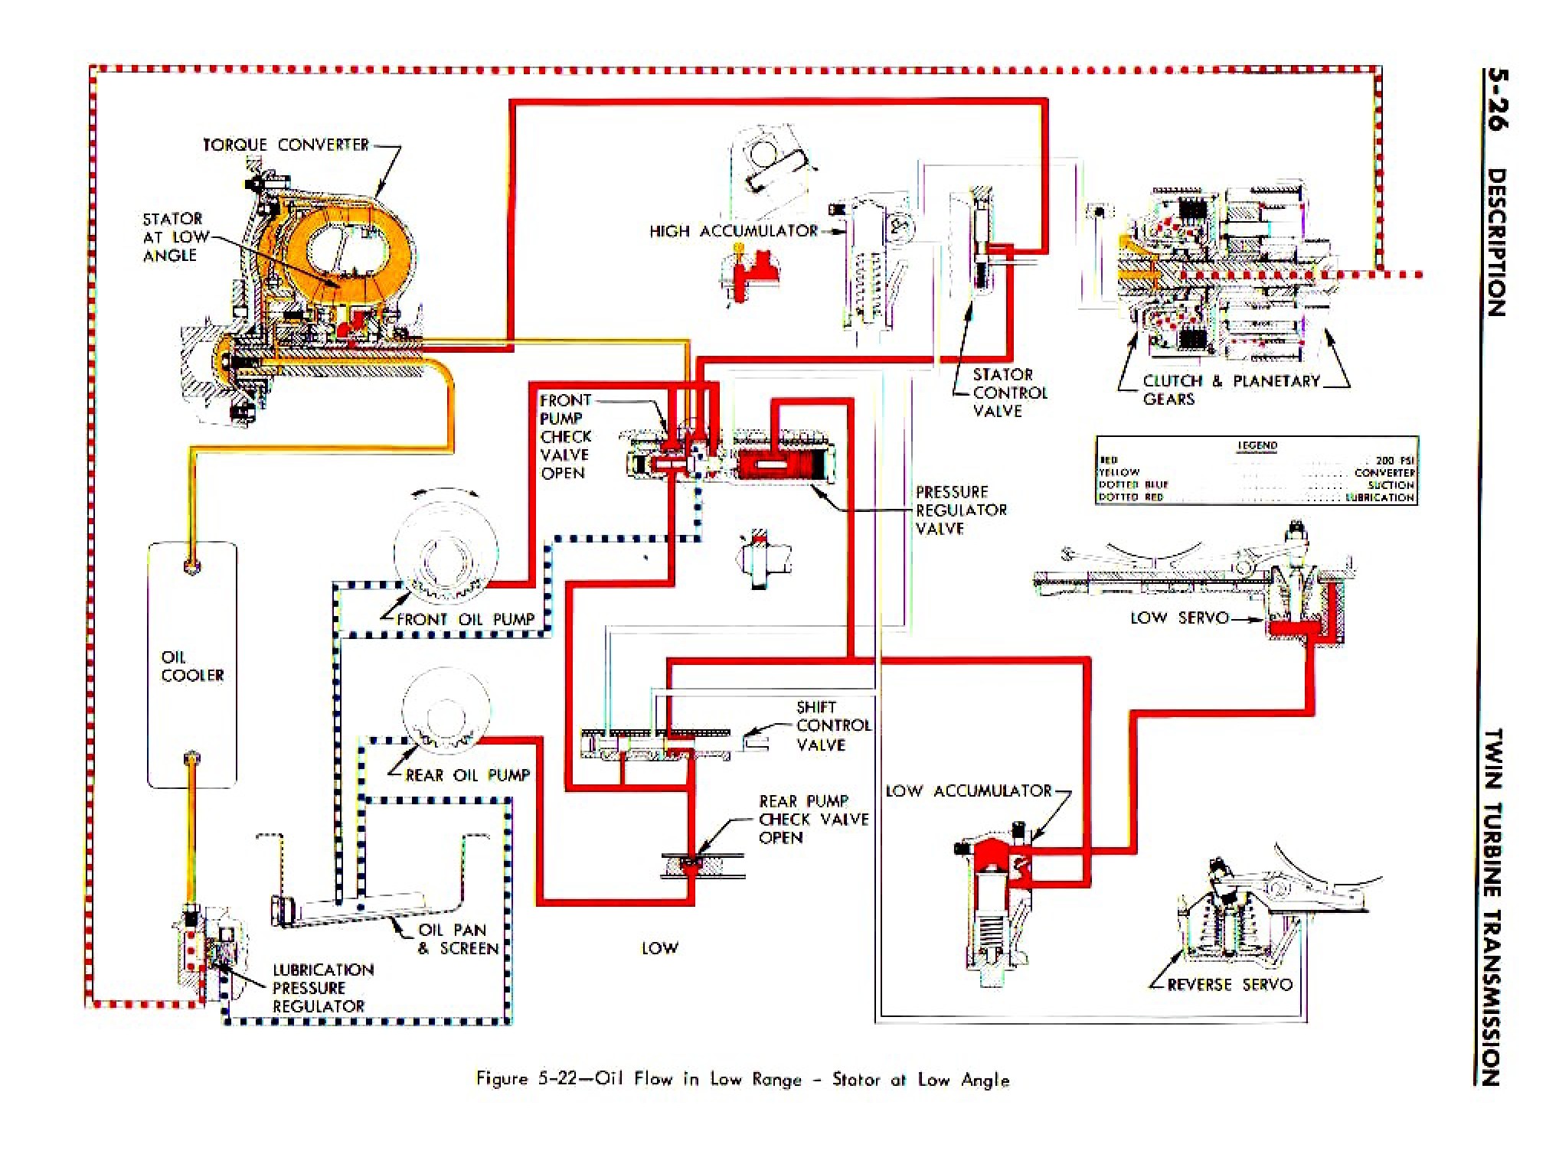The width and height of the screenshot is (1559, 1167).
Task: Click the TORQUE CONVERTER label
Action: [286, 145]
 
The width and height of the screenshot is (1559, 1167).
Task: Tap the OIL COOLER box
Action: [192, 666]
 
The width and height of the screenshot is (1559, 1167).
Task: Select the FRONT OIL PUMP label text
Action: [466, 619]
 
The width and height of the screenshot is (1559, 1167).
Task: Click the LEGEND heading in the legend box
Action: [1257, 445]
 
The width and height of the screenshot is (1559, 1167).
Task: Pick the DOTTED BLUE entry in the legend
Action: [1133, 484]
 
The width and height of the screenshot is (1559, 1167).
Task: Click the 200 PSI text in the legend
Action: [1394, 461]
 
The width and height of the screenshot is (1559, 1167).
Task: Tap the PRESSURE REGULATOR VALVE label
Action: [961, 510]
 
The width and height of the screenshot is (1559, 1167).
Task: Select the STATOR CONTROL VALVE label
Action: [1008, 393]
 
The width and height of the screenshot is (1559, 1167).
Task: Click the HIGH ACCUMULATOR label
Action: [734, 231]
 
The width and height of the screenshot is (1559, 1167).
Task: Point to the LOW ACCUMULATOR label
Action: [969, 790]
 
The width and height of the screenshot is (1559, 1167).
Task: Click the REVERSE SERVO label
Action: [1230, 984]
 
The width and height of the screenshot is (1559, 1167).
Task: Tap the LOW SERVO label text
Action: [1179, 618]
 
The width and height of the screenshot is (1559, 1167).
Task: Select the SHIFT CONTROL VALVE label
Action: [833, 725]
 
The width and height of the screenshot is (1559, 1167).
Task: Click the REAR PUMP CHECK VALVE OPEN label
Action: [813, 819]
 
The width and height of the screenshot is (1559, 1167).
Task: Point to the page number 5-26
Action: [1495, 99]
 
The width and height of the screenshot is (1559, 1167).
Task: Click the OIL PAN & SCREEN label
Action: [458, 939]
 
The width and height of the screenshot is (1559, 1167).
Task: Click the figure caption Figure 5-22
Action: [742, 1079]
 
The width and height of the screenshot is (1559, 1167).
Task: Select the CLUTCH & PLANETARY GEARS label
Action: [1230, 389]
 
